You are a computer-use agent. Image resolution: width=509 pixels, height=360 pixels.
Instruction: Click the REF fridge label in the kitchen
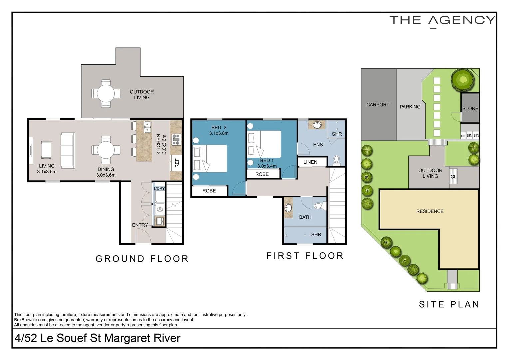point(177,163)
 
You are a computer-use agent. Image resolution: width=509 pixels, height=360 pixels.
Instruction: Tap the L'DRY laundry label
point(159,189)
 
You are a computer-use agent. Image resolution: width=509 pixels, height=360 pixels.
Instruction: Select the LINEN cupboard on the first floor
point(312,162)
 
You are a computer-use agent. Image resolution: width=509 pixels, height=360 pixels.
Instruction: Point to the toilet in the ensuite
point(336,161)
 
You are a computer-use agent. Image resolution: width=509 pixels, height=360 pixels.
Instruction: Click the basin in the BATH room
point(288,208)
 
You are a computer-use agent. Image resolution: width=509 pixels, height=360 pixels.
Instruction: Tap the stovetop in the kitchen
point(176,139)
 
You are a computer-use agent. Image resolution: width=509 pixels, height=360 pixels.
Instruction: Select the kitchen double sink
point(148,127)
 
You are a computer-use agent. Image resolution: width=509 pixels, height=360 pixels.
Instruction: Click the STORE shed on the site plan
point(470,108)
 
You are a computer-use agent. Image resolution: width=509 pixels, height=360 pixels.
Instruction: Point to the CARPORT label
point(378,105)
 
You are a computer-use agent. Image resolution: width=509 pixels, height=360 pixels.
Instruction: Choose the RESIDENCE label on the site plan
point(430,211)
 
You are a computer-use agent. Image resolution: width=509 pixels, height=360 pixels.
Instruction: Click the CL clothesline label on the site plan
point(454,176)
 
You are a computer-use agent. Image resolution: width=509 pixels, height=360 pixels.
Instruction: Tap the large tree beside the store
point(463,80)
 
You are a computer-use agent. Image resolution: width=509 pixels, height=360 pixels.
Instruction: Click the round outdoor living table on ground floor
point(106,93)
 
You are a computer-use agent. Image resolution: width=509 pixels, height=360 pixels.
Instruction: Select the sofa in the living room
point(68,151)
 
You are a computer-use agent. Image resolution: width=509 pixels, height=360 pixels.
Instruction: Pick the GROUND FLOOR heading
point(142,259)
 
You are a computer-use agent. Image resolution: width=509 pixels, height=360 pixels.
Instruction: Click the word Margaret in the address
point(127,338)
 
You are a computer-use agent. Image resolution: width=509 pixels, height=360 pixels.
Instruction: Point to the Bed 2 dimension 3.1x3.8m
point(219,133)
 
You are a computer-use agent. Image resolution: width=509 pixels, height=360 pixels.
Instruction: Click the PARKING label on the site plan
point(410,107)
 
